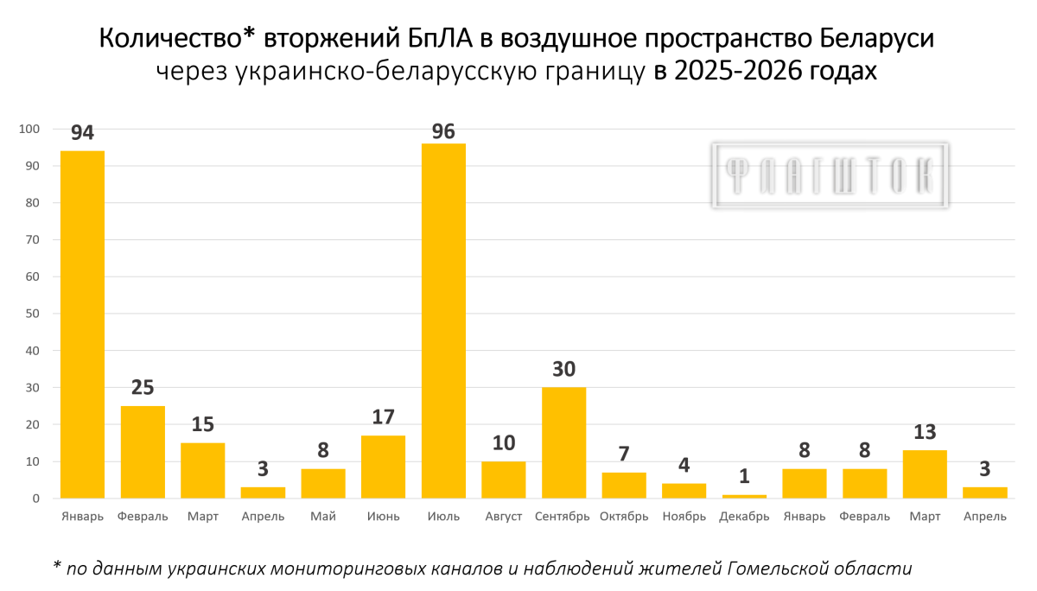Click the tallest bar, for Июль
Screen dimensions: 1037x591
point(443,321)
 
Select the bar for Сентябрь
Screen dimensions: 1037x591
point(563,443)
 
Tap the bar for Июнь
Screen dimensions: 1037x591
point(384,467)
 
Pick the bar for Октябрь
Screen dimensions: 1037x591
point(624,486)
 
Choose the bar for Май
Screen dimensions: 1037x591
point(323,484)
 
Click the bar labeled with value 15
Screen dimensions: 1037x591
point(203,471)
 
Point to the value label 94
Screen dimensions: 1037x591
point(82,133)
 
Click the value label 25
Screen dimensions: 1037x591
point(143,387)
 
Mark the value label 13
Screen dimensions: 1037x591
point(925,432)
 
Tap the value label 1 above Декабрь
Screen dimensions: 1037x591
point(744,476)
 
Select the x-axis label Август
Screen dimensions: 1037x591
point(504,517)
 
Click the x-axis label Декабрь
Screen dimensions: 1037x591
point(744,517)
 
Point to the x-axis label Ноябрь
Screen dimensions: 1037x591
point(684,517)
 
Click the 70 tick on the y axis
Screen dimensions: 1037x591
point(33,239)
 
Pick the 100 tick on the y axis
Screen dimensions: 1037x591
point(29,129)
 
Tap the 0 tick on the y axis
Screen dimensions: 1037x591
point(36,499)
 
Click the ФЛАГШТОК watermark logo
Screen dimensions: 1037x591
point(830,175)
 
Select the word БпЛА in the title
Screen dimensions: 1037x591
point(440,38)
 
